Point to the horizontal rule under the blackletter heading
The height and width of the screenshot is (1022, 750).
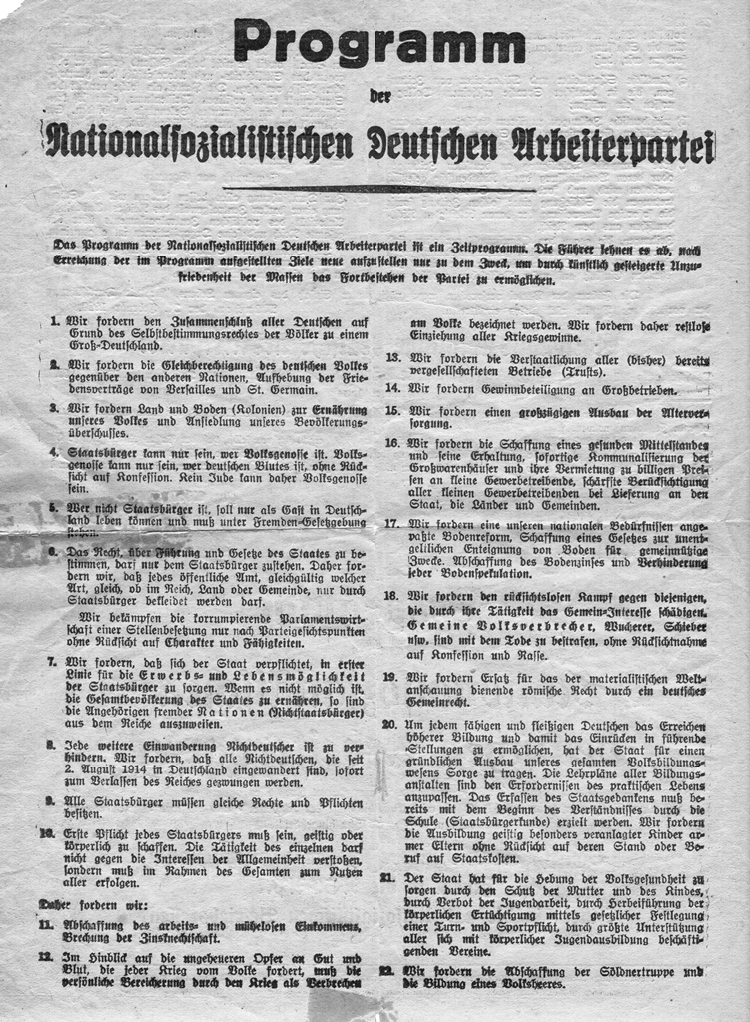coord(378,188)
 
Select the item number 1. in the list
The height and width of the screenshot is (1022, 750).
coord(53,322)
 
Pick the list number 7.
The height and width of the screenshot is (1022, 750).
coord(51,661)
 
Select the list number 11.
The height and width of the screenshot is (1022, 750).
coord(47,925)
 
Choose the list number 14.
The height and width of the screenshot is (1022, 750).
coord(392,389)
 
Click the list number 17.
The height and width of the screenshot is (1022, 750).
coord(392,523)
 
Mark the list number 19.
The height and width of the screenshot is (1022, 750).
coord(392,677)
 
